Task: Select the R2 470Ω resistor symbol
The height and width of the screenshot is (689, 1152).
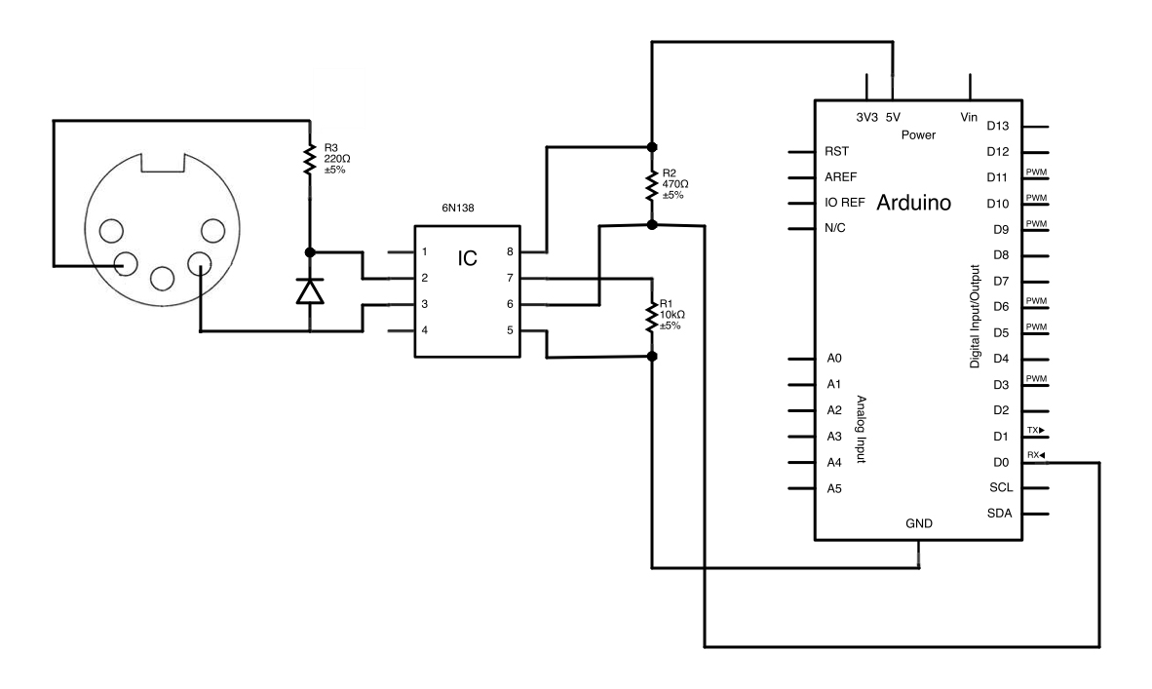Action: (652, 183)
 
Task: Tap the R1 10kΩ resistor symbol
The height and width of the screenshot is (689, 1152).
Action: (652, 319)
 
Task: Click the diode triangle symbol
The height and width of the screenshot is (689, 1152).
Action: (310, 289)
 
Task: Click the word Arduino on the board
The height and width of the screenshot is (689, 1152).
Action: (914, 204)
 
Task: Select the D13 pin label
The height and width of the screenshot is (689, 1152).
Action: (999, 126)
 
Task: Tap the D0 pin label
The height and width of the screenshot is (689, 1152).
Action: (997, 463)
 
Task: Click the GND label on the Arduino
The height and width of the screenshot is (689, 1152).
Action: (918, 523)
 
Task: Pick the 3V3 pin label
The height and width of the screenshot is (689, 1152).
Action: (866, 116)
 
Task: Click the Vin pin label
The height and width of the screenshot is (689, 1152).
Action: (969, 116)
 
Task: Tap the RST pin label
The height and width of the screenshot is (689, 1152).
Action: (835, 152)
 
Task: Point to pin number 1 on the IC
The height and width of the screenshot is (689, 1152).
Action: (424, 252)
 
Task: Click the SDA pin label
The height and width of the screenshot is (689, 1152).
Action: (999, 514)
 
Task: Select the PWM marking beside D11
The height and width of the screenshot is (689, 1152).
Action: (1036, 172)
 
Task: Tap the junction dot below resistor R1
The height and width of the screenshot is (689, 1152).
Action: (652, 357)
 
